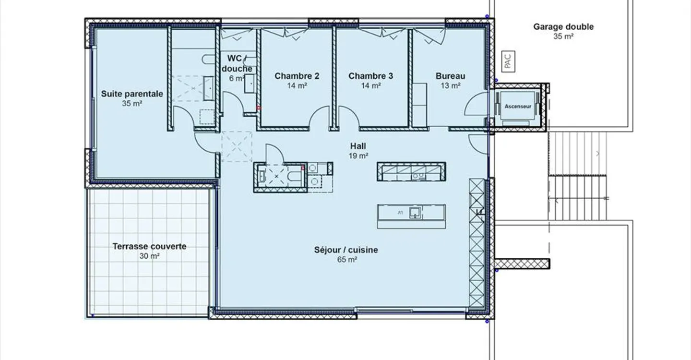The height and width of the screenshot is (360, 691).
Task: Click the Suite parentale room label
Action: click(132, 94)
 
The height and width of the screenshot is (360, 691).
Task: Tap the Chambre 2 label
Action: click(297, 76)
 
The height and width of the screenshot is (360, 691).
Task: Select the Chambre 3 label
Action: click(371, 76)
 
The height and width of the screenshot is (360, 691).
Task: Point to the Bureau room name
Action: click(451, 76)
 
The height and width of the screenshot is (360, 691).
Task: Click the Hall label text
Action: click(358, 146)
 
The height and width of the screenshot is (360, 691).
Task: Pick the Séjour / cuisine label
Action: click(346, 250)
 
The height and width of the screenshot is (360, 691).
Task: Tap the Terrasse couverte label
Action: click(149, 246)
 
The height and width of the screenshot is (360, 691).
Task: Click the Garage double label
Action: click(563, 27)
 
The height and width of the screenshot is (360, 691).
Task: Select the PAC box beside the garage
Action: click(508, 61)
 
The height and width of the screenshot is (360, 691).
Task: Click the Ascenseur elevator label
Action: click(518, 107)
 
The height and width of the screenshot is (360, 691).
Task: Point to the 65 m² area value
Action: click(347, 260)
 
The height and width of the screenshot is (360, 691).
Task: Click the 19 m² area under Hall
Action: click(358, 156)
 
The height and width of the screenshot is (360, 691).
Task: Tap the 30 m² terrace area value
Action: click(149, 256)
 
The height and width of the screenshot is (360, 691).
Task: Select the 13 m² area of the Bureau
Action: click(451, 86)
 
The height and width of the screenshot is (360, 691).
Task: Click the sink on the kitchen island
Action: click(415, 213)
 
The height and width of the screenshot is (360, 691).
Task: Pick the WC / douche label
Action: click(237, 63)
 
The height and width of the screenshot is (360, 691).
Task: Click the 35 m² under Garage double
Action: click(563, 36)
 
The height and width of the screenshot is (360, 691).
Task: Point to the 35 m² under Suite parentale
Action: click(132, 104)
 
